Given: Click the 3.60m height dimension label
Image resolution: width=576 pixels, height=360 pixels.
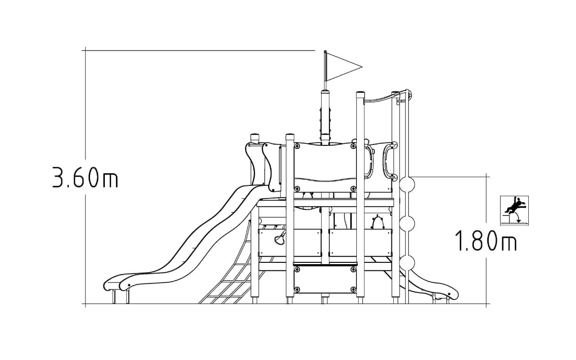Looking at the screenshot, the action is click(x=85, y=177).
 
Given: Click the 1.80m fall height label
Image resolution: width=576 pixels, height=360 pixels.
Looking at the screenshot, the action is click(x=486, y=240).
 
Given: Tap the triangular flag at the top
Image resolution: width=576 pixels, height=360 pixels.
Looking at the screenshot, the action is click(x=344, y=67).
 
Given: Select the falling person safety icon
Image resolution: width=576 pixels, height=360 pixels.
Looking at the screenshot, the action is click(x=514, y=211).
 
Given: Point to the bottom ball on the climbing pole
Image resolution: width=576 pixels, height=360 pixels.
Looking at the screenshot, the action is click(x=407, y=263).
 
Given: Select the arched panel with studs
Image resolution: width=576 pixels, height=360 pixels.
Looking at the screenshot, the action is click(x=377, y=222).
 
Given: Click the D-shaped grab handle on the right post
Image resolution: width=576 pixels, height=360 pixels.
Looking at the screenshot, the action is click(x=390, y=160).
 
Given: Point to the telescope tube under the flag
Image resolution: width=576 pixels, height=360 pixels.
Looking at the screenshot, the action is click(x=325, y=117).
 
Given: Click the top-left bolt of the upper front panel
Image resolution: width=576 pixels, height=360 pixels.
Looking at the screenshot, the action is click(x=297, y=146).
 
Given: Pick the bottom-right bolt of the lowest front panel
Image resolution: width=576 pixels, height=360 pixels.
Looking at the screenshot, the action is click(x=353, y=289).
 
